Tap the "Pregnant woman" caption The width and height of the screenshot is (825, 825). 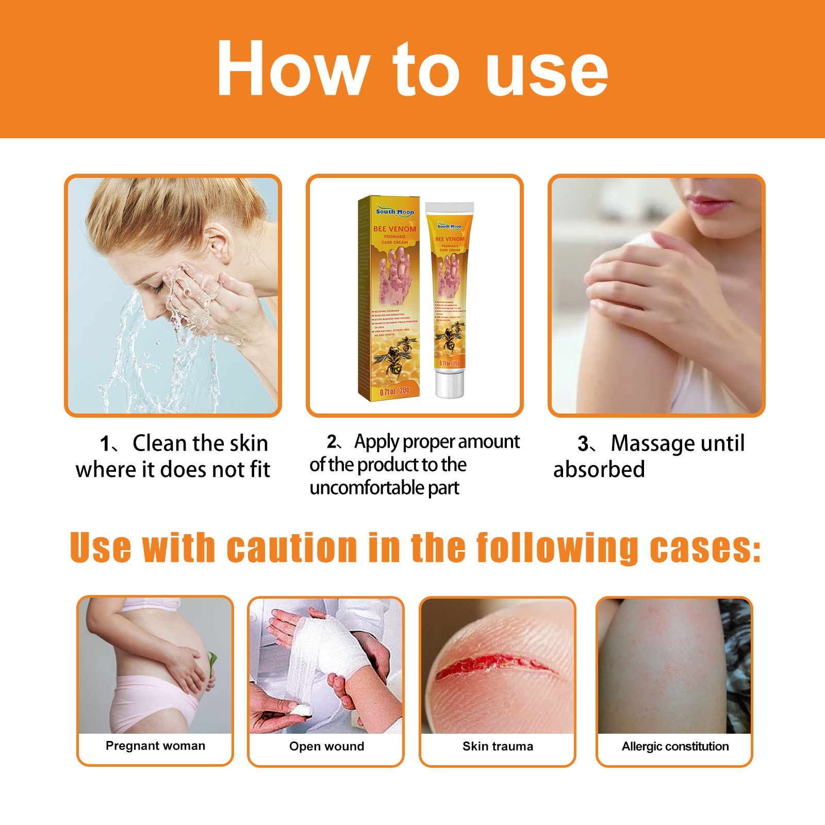(x=155, y=746)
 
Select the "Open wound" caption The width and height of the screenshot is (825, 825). (x=326, y=746)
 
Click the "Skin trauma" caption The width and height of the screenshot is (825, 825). (x=498, y=746)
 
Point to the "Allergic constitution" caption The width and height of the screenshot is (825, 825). (x=675, y=746)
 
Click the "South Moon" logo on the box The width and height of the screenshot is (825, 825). (x=394, y=211)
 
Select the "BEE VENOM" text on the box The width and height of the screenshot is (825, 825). (x=394, y=229)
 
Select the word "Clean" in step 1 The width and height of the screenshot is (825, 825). (x=159, y=443)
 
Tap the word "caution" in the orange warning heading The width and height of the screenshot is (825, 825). (x=292, y=548)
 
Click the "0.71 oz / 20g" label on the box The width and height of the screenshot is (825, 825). (x=394, y=391)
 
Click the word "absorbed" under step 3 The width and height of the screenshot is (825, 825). (x=599, y=470)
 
